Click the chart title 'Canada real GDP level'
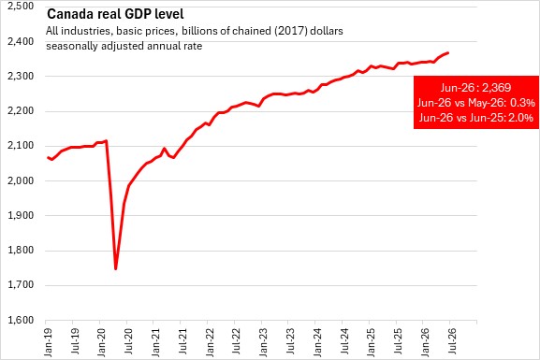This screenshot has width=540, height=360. pyautogui.click(x=115, y=14)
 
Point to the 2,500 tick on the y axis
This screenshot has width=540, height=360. pyautogui.click(x=21, y=6)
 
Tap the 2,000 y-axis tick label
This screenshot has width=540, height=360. pyautogui.click(x=21, y=180)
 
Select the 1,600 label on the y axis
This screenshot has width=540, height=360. pyautogui.click(x=21, y=320)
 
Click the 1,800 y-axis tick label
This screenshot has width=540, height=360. pyautogui.click(x=21, y=251)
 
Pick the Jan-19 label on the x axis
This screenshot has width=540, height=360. pyautogui.click(x=49, y=341)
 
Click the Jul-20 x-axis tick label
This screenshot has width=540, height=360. pyautogui.click(x=129, y=340)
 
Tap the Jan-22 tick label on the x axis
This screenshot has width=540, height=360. pyautogui.click(x=210, y=341)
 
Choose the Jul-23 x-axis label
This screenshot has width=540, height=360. pyautogui.click(x=291, y=340)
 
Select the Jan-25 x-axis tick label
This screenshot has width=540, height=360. pyautogui.click(x=372, y=341)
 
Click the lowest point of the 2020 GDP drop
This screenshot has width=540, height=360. pyautogui.click(x=116, y=268)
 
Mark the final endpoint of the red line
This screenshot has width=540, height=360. pyautogui.click(x=447, y=52)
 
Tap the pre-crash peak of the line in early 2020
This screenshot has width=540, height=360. pyautogui.click(x=107, y=141)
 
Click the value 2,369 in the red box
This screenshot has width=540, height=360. pyautogui.click(x=496, y=88)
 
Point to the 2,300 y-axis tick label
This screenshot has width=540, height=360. pyautogui.click(x=21, y=76)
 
